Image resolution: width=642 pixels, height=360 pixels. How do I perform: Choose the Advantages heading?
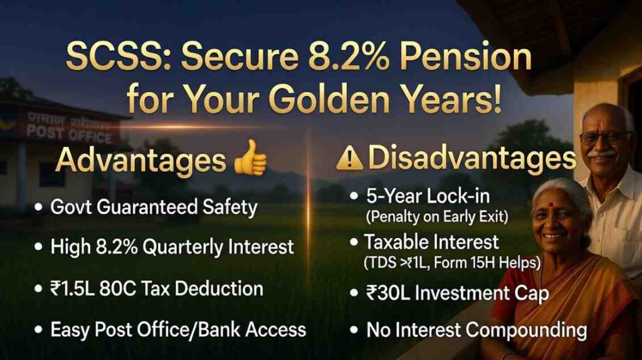[140, 161]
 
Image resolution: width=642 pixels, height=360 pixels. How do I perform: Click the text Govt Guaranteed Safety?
[154, 208]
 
